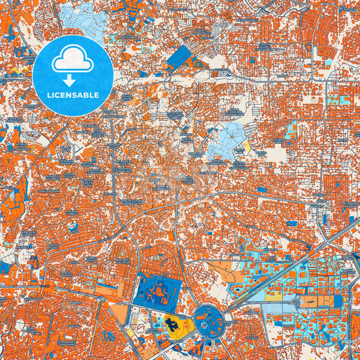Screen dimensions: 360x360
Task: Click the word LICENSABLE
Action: coord(72,95)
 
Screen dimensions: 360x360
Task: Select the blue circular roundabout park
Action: coord(210,319)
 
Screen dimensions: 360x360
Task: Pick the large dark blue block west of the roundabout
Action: coord(157,291)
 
